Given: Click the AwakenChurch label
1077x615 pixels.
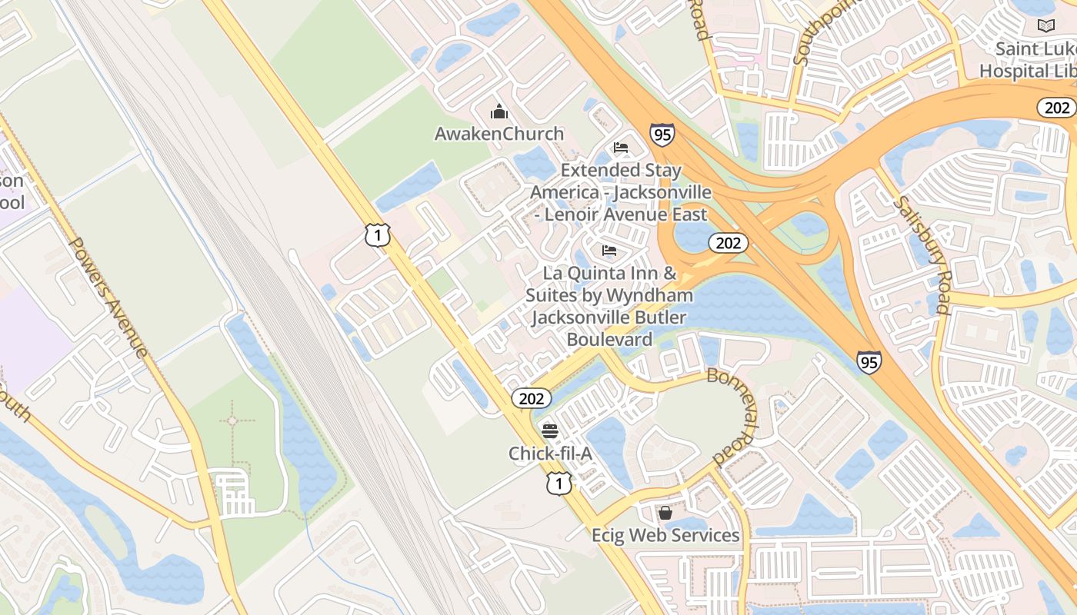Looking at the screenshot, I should pos(499,134).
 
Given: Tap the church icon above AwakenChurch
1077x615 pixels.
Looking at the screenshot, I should pos(499,112).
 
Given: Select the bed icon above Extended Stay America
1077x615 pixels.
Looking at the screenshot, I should pos(621,148).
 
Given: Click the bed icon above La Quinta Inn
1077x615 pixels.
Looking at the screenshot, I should pos(609,251).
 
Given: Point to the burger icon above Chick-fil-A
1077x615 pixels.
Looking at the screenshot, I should pos(549,430).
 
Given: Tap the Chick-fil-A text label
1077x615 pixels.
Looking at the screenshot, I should pos(550,454).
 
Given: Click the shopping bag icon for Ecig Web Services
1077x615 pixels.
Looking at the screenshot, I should pos(665,512).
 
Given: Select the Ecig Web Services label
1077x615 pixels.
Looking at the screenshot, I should pos(665,535).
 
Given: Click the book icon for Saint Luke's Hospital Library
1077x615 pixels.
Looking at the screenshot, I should pos(1045,26).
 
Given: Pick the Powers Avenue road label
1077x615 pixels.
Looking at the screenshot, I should pos(108,298).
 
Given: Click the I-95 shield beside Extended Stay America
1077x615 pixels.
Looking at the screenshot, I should pos(662,135).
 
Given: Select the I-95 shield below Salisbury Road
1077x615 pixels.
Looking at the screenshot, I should pos(869,361).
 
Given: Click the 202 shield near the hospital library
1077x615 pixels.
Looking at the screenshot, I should pos(1056,108).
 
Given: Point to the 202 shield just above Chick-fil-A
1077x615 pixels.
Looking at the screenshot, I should pos(531,398).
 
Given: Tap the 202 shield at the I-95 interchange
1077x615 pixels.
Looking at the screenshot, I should pos(728,244).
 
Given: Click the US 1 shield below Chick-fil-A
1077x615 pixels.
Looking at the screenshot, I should pos(559,484).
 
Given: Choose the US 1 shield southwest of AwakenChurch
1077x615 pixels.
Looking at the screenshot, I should pos(378,235).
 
